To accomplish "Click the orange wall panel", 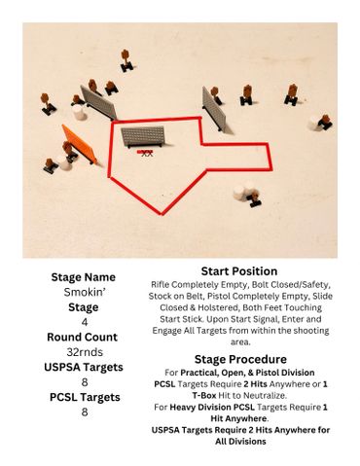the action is tap(79, 144).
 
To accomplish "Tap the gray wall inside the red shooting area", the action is tap(143, 136).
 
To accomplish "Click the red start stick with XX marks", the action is tap(145, 153).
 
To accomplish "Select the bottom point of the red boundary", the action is tap(162, 214).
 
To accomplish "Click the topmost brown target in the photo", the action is tap(126, 60).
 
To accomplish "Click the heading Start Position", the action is tap(239, 271).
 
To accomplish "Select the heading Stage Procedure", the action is tap(240, 359).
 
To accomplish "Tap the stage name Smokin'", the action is tap(85, 292).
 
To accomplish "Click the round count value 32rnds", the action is tap(85, 352).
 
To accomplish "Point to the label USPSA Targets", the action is tap(84, 367).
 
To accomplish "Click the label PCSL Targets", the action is tap(85, 397).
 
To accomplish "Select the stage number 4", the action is tap(85, 322).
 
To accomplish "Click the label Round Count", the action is tap(82, 337).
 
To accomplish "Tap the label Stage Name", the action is tap(84, 277).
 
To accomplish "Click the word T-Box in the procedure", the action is tap(204, 395).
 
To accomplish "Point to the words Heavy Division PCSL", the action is tap(212, 407).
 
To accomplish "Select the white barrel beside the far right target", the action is tap(314, 124).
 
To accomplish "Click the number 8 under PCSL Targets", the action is tap(85, 412).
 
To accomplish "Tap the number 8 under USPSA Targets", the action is tap(85, 382).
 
